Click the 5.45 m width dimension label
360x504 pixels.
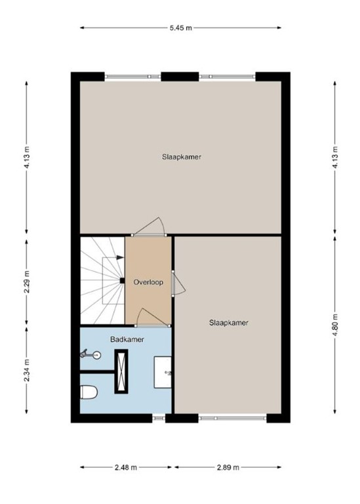(180, 28)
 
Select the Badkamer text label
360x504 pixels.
(127, 339)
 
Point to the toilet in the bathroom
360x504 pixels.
(89, 392)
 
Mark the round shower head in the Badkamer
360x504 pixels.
(96, 355)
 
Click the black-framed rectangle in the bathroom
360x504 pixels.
(122, 371)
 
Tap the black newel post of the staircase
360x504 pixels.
(122, 282)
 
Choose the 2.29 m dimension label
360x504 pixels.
(27, 281)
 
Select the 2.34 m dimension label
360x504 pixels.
(27, 371)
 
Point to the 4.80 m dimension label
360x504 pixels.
(335, 326)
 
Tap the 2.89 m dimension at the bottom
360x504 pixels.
(228, 467)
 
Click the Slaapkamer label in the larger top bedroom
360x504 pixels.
(182, 157)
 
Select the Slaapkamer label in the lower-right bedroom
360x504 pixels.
(228, 322)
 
